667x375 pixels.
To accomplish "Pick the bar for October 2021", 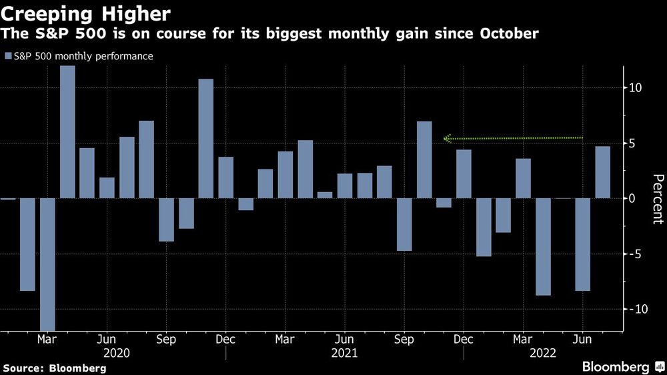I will pos(424,159).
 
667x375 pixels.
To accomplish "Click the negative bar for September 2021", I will pos(404,224).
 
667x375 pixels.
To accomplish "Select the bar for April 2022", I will pos(543,246).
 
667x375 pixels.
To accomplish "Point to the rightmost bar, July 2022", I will pos(602,172).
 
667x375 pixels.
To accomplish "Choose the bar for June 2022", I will pos(582,244).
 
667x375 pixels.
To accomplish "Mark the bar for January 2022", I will pos(484,227).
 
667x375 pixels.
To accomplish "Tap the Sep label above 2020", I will pos(166,338).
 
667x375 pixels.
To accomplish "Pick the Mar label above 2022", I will pos(523,338).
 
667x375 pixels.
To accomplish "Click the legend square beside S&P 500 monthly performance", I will pos(8,57).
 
